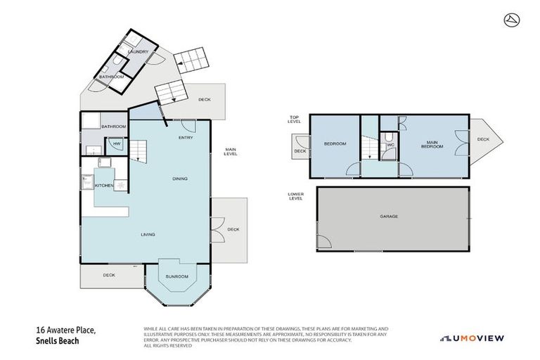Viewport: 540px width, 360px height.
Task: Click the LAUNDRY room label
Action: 138,51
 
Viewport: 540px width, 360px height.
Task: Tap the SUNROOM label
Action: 176,276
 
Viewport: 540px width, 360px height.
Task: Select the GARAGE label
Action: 389,216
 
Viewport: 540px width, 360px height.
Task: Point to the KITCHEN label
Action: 104,185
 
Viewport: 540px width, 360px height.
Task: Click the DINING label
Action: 180,179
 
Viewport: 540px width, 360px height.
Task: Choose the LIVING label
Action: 148,234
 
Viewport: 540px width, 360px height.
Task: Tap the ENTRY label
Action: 186,137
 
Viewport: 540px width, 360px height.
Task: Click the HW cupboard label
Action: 117,145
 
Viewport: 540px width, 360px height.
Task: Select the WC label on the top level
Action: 390,145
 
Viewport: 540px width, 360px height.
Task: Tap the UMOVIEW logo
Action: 471,337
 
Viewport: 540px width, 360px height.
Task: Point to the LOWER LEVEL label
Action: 296,196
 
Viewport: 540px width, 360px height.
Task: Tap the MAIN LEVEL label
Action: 230,150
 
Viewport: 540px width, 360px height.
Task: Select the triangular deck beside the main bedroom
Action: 482,139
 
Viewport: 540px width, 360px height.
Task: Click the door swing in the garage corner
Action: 323,241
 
